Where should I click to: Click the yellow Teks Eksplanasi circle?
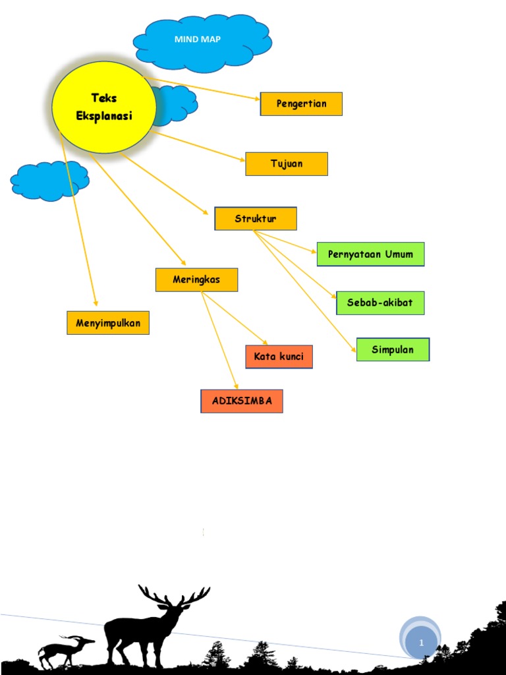click(104, 107)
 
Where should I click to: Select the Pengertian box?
click(301, 104)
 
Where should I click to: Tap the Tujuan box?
click(286, 164)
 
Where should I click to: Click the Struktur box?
click(256, 219)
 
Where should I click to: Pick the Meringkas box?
click(196, 279)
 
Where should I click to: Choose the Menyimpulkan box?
click(108, 323)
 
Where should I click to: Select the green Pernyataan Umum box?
click(370, 254)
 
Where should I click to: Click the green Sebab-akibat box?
click(380, 303)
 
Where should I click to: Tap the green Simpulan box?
click(393, 349)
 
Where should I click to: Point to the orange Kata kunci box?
click(279, 357)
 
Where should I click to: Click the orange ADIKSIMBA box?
click(242, 401)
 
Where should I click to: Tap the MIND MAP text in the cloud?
click(198, 40)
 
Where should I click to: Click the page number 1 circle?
click(420, 641)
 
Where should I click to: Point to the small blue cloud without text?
click(50, 180)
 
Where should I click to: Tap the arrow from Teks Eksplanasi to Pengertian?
click(204, 89)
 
